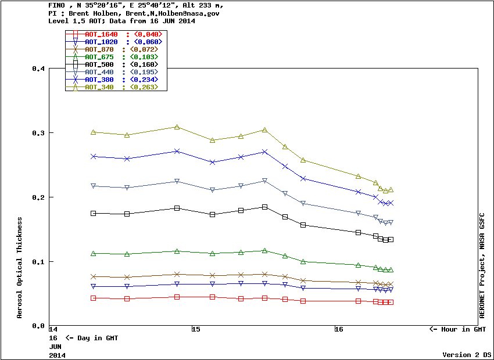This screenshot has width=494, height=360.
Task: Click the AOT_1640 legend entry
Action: tap(101, 34)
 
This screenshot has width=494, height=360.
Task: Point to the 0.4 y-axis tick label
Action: tap(38, 69)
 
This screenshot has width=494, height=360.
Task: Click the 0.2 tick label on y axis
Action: tap(38, 197)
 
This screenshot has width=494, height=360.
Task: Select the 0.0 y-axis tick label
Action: tap(38, 326)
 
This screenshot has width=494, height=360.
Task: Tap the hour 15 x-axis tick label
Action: tap(196, 329)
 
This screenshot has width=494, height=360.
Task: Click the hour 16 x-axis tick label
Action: tap(339, 329)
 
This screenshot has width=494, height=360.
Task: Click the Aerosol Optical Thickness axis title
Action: tap(20, 268)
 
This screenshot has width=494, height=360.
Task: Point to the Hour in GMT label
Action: tap(457, 329)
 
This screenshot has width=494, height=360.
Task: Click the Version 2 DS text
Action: tap(467, 354)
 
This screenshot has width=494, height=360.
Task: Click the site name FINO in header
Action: tap(58, 5)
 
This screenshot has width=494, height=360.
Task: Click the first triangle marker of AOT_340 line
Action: tap(93, 132)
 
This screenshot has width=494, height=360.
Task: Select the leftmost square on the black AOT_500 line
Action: tap(93, 213)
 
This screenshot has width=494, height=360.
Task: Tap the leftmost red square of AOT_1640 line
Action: tap(93, 298)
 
